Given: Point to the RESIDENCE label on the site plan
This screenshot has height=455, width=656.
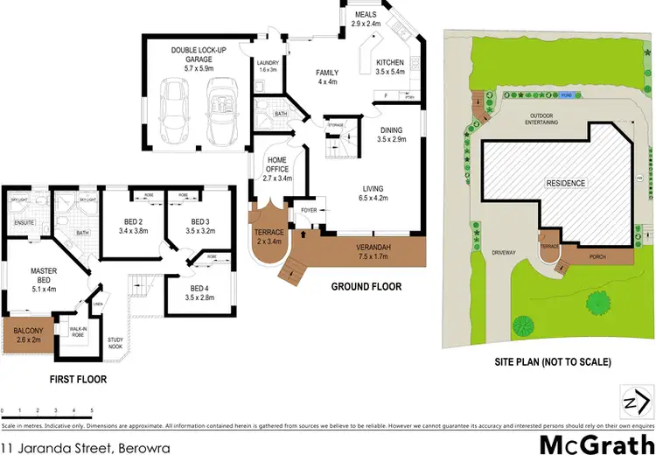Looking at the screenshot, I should (566, 183).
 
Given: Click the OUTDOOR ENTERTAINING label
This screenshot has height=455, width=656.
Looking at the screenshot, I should (549, 119).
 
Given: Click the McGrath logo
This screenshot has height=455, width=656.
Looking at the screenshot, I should (583, 443).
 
